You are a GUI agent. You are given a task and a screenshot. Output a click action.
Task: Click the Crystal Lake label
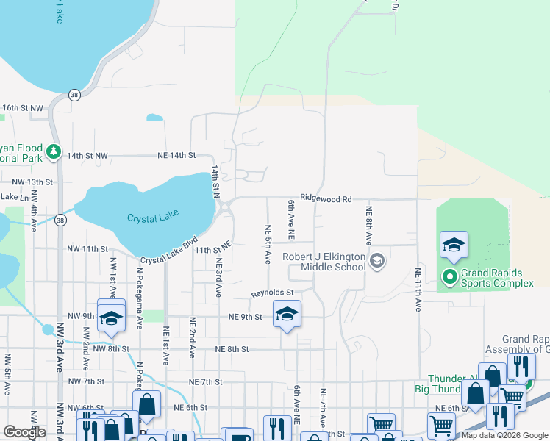(x=154, y=218)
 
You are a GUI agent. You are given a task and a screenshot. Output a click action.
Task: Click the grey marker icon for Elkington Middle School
(x=377, y=260)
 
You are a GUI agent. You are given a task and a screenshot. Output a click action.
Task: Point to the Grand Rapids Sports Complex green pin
(x=449, y=277)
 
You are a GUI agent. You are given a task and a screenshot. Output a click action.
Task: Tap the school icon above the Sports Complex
(x=454, y=245)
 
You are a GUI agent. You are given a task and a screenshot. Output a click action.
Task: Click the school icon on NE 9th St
(x=287, y=315)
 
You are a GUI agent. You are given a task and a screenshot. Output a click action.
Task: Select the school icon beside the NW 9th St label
(x=111, y=319)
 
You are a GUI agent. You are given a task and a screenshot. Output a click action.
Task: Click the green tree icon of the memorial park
(x=53, y=152)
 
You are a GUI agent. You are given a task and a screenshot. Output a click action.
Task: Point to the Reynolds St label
(x=273, y=293)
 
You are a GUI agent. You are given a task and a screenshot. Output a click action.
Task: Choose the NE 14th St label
(x=176, y=156)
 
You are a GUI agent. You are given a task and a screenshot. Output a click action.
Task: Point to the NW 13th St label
(x=31, y=182)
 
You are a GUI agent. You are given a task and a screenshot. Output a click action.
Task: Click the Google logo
(x=25, y=432)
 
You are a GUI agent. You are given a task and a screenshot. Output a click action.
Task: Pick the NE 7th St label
(x=205, y=382)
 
